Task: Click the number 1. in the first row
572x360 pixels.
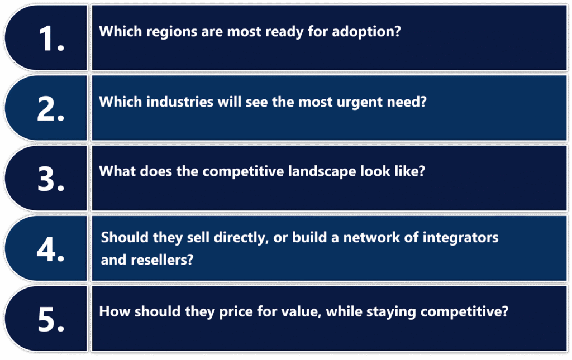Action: click(x=51, y=39)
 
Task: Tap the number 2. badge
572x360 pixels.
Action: click(x=51, y=109)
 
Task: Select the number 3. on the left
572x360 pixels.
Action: click(x=51, y=179)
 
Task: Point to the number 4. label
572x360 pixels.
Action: click(x=51, y=249)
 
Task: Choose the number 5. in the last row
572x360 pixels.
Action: click(x=51, y=320)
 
